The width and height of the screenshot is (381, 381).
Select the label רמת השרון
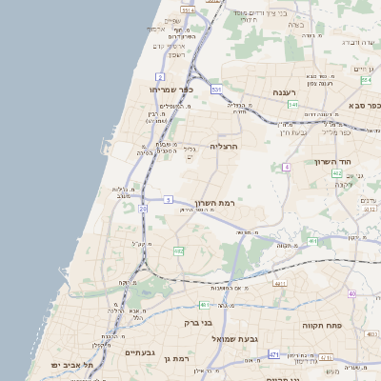(227, 203)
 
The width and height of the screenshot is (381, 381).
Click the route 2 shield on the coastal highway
(160, 75)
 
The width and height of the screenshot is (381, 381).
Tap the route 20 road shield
(143, 208)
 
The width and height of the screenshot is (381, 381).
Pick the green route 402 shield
(337, 173)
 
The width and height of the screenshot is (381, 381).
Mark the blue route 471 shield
(274, 354)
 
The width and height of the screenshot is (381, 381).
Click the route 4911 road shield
(280, 284)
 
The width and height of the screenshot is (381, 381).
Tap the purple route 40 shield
(352, 293)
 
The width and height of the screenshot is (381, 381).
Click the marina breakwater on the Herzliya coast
(102, 145)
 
